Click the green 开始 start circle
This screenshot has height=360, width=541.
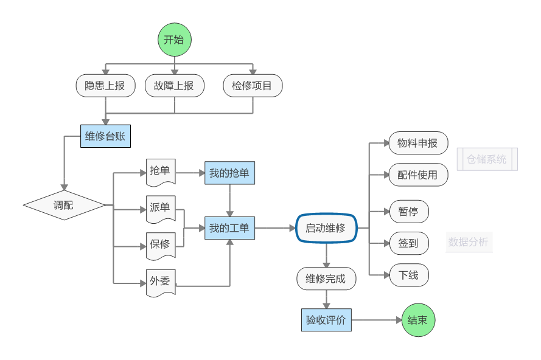click(x=175, y=40)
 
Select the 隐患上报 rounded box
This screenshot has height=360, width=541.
click(x=105, y=86)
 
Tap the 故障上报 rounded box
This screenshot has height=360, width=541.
click(x=175, y=86)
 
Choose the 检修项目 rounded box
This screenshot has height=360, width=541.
click(x=252, y=86)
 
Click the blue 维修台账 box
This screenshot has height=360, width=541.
click(x=105, y=136)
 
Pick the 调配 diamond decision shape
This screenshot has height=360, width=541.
click(x=64, y=206)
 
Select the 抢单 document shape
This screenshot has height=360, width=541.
click(x=161, y=171)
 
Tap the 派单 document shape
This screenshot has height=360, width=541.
click(x=161, y=208)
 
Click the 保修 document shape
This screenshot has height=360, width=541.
click(x=161, y=245)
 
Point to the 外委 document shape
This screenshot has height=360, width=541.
click(x=161, y=282)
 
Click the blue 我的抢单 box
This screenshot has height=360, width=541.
click(x=229, y=173)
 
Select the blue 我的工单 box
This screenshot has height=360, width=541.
click(x=229, y=229)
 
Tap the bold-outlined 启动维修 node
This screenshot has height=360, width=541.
click(x=326, y=229)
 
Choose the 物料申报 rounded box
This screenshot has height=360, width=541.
click(x=417, y=144)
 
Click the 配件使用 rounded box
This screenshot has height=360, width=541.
click(x=417, y=175)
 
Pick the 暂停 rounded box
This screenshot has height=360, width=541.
click(x=408, y=212)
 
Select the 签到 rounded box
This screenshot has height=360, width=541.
click(x=408, y=243)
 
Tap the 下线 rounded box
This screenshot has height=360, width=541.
click(x=408, y=275)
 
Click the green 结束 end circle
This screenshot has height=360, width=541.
click(x=419, y=320)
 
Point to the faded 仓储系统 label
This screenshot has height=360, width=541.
click(x=487, y=159)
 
